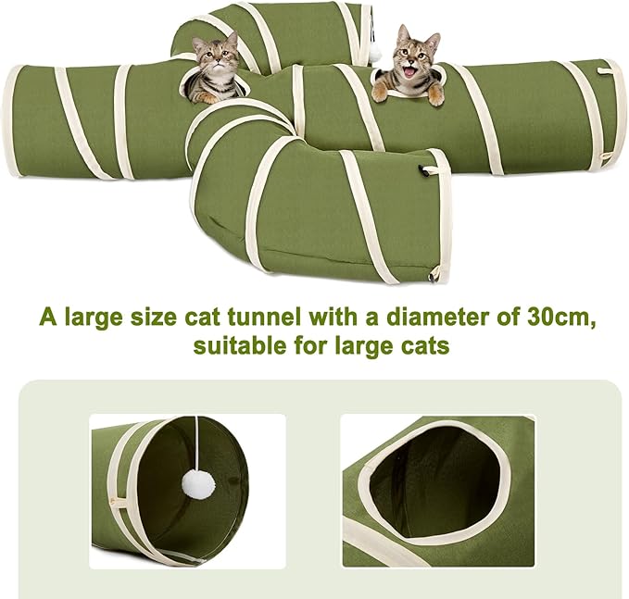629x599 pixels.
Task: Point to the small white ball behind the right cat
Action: pyautogui.click(x=376, y=55)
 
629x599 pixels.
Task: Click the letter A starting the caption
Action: pyautogui.click(x=46, y=317)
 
